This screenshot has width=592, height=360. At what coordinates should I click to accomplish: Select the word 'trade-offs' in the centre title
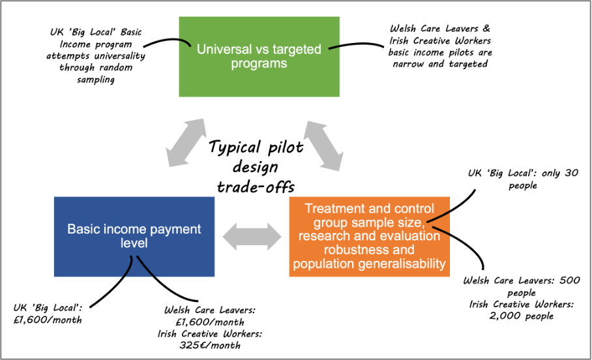[x=256, y=187]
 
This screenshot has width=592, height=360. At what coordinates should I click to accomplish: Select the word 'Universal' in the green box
[x=226, y=49]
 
